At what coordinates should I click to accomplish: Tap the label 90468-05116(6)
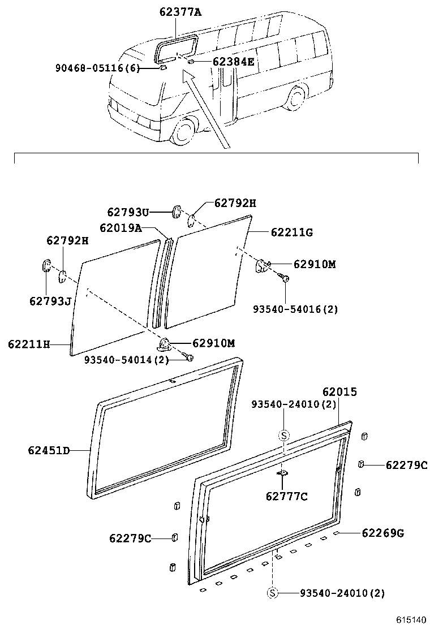pos(97,68)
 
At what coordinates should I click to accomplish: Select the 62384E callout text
pos(233,62)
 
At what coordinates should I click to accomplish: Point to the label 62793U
pos(128,212)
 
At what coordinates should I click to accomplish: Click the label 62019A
pos(120,228)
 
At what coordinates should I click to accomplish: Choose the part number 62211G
pos(291,232)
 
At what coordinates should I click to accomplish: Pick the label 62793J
pos(50,301)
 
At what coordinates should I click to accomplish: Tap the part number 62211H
pos(29,343)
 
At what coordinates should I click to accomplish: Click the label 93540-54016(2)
pos(295,309)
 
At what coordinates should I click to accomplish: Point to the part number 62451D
pos(48,450)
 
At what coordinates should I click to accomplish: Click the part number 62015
pos(339,391)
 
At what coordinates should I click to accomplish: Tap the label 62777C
pos(286,496)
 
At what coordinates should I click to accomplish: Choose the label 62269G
pos(382,533)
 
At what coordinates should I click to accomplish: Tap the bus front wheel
pos(184,132)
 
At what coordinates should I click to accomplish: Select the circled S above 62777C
pos(285,435)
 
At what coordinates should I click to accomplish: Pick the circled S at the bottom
pos(273,593)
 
